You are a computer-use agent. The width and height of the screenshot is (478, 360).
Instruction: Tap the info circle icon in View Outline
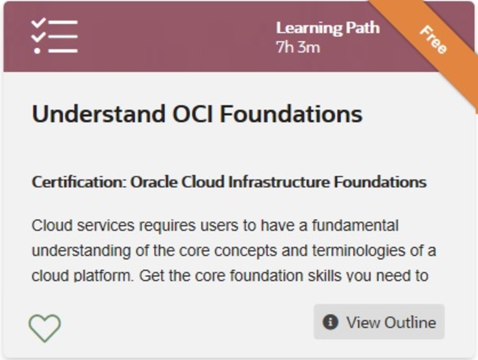coord(330,322)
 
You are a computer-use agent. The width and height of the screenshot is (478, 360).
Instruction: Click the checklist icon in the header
coord(54,36)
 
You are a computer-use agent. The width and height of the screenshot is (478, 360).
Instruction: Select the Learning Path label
coord(328,28)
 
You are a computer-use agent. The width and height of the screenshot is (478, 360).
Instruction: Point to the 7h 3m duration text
coord(298,47)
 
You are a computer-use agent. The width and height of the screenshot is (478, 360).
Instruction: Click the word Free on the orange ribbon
coord(434,40)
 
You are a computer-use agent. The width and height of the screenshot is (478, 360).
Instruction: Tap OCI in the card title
coord(193,114)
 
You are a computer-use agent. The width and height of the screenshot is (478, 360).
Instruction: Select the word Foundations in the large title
coord(291,114)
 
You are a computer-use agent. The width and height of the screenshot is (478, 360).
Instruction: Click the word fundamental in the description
coord(356,225)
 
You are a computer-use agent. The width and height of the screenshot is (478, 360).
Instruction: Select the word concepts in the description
coord(246,251)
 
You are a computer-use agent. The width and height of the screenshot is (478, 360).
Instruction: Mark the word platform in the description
coord(103,276)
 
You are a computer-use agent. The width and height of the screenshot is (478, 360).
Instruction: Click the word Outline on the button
coord(410,323)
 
